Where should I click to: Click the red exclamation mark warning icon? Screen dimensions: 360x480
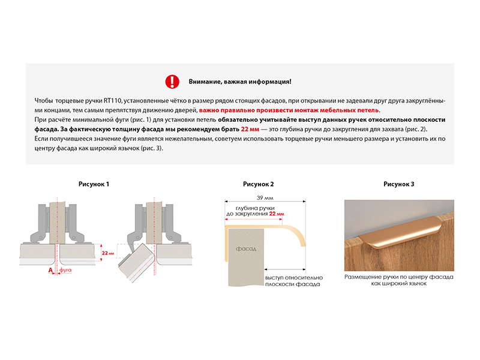click(172, 81)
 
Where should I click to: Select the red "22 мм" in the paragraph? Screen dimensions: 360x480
click(250, 130)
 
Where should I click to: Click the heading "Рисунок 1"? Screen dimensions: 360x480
click(94, 184)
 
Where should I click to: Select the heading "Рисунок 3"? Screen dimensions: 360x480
click(399, 184)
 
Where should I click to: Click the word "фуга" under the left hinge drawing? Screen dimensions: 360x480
click(65, 271)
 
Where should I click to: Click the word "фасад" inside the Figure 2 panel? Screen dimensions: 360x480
click(246, 248)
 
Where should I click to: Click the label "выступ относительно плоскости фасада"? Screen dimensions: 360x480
click(293, 281)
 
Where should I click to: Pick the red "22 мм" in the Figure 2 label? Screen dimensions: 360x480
click(276, 214)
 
